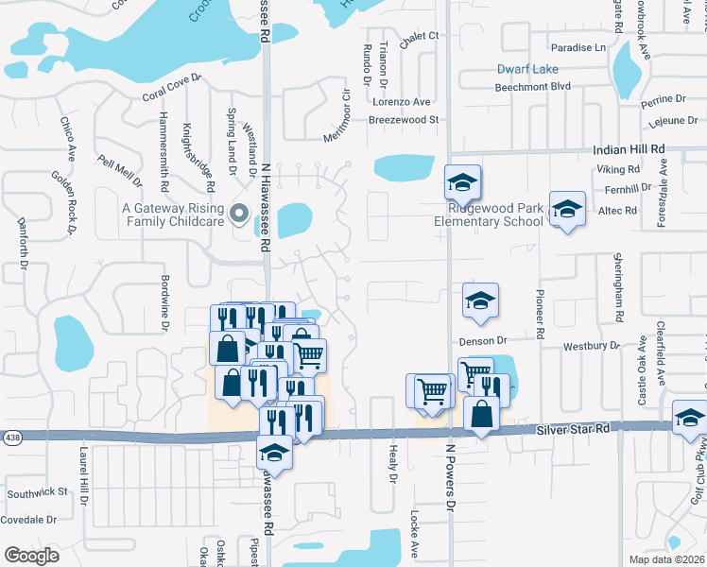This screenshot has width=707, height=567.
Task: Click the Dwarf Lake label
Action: (527, 69)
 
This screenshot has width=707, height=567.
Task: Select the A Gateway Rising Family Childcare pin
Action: (239, 210)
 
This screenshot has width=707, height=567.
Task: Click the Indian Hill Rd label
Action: (629, 149)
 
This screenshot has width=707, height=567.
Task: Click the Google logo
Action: (31, 555)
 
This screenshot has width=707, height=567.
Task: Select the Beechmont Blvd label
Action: (534, 86)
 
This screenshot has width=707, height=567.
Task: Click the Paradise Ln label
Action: (578, 47)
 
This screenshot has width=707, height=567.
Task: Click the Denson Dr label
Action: (484, 339)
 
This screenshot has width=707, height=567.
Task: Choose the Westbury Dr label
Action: (591, 346)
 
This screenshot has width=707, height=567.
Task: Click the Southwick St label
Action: (38, 492)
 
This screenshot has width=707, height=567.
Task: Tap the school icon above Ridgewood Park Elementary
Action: (463, 180)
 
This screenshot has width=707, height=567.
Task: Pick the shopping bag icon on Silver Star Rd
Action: (482, 414)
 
